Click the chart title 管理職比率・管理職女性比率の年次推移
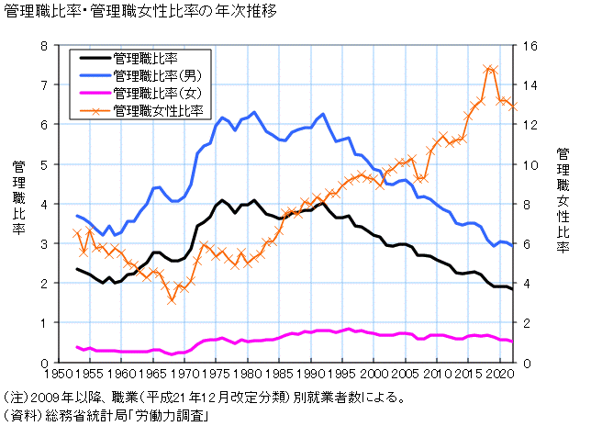click(x=138, y=13)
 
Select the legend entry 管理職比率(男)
click(x=152, y=74)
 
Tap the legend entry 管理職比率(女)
click(x=152, y=93)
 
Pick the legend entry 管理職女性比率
click(x=158, y=110)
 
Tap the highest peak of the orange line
click(x=488, y=67)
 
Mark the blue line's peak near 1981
click(x=254, y=112)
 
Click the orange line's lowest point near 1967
click(x=172, y=301)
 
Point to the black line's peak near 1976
click(x=223, y=200)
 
